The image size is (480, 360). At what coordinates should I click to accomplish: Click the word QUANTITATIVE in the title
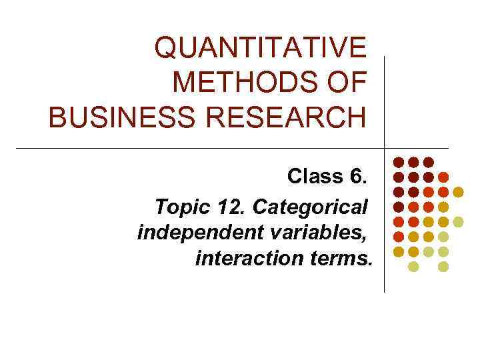coord(260,47)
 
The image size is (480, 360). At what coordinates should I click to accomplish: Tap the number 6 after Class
coord(357,177)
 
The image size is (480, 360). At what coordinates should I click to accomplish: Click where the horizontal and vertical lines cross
coord(385,147)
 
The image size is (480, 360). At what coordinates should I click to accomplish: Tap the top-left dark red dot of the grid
coord(398,162)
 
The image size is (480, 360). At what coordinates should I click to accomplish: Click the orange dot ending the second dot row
coord(443,177)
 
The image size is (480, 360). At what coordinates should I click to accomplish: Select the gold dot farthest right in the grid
coord(458,192)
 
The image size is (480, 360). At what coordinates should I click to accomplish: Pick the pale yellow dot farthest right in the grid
coord(458,221)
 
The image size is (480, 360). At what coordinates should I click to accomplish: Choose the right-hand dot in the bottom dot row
coord(443,267)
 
